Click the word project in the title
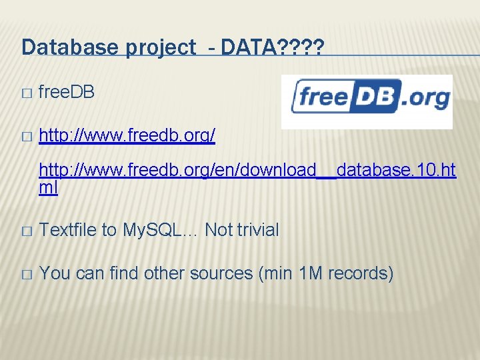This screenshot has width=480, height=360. click(152, 48)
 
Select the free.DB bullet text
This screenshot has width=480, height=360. click(67, 93)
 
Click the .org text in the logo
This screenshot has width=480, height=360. click(427, 99)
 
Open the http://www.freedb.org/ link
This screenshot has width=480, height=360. click(127, 137)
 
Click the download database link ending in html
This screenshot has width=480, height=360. click(247, 171)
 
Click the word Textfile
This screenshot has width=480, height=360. click(67, 230)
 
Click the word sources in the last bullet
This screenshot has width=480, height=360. click(217, 273)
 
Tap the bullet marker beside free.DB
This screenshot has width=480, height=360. click(26, 94)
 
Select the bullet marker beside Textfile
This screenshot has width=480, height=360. click(26, 231)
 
